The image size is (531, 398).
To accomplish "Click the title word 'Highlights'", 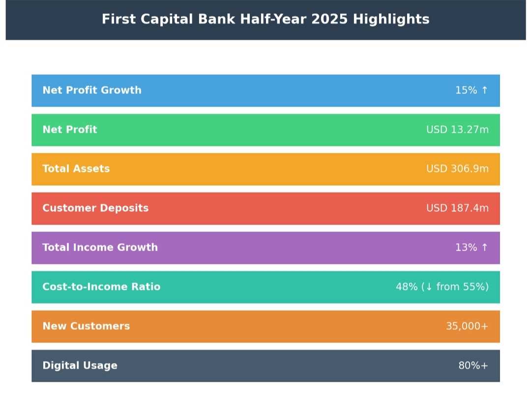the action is click(391, 19).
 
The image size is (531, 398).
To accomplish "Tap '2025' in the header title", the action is click(329, 19).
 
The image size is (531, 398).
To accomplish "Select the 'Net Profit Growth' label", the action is click(92, 90).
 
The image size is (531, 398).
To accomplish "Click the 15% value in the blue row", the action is click(466, 90).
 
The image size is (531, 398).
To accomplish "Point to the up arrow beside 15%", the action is click(485, 90).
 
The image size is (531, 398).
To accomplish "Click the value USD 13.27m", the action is click(458, 129).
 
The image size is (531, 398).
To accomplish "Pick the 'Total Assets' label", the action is click(76, 169).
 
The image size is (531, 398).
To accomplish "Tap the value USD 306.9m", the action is click(458, 169).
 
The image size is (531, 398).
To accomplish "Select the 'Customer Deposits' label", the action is click(95, 208).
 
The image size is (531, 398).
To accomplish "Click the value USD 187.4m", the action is click(458, 208).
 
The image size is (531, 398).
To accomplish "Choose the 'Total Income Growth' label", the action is click(100, 247).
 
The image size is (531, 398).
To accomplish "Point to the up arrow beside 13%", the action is click(485, 247).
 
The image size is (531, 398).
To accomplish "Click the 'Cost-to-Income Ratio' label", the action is click(101, 286).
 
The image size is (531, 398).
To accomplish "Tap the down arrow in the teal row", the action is click(429, 287).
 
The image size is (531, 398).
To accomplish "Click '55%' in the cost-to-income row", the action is click(474, 286).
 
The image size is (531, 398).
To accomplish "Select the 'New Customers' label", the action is click(86, 326).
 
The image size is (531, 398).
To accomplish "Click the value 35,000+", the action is click(467, 326).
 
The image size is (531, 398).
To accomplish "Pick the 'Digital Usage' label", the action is click(80, 366).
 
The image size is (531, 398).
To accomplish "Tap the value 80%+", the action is click(473, 366).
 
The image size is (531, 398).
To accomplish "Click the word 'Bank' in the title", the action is click(216, 19).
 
